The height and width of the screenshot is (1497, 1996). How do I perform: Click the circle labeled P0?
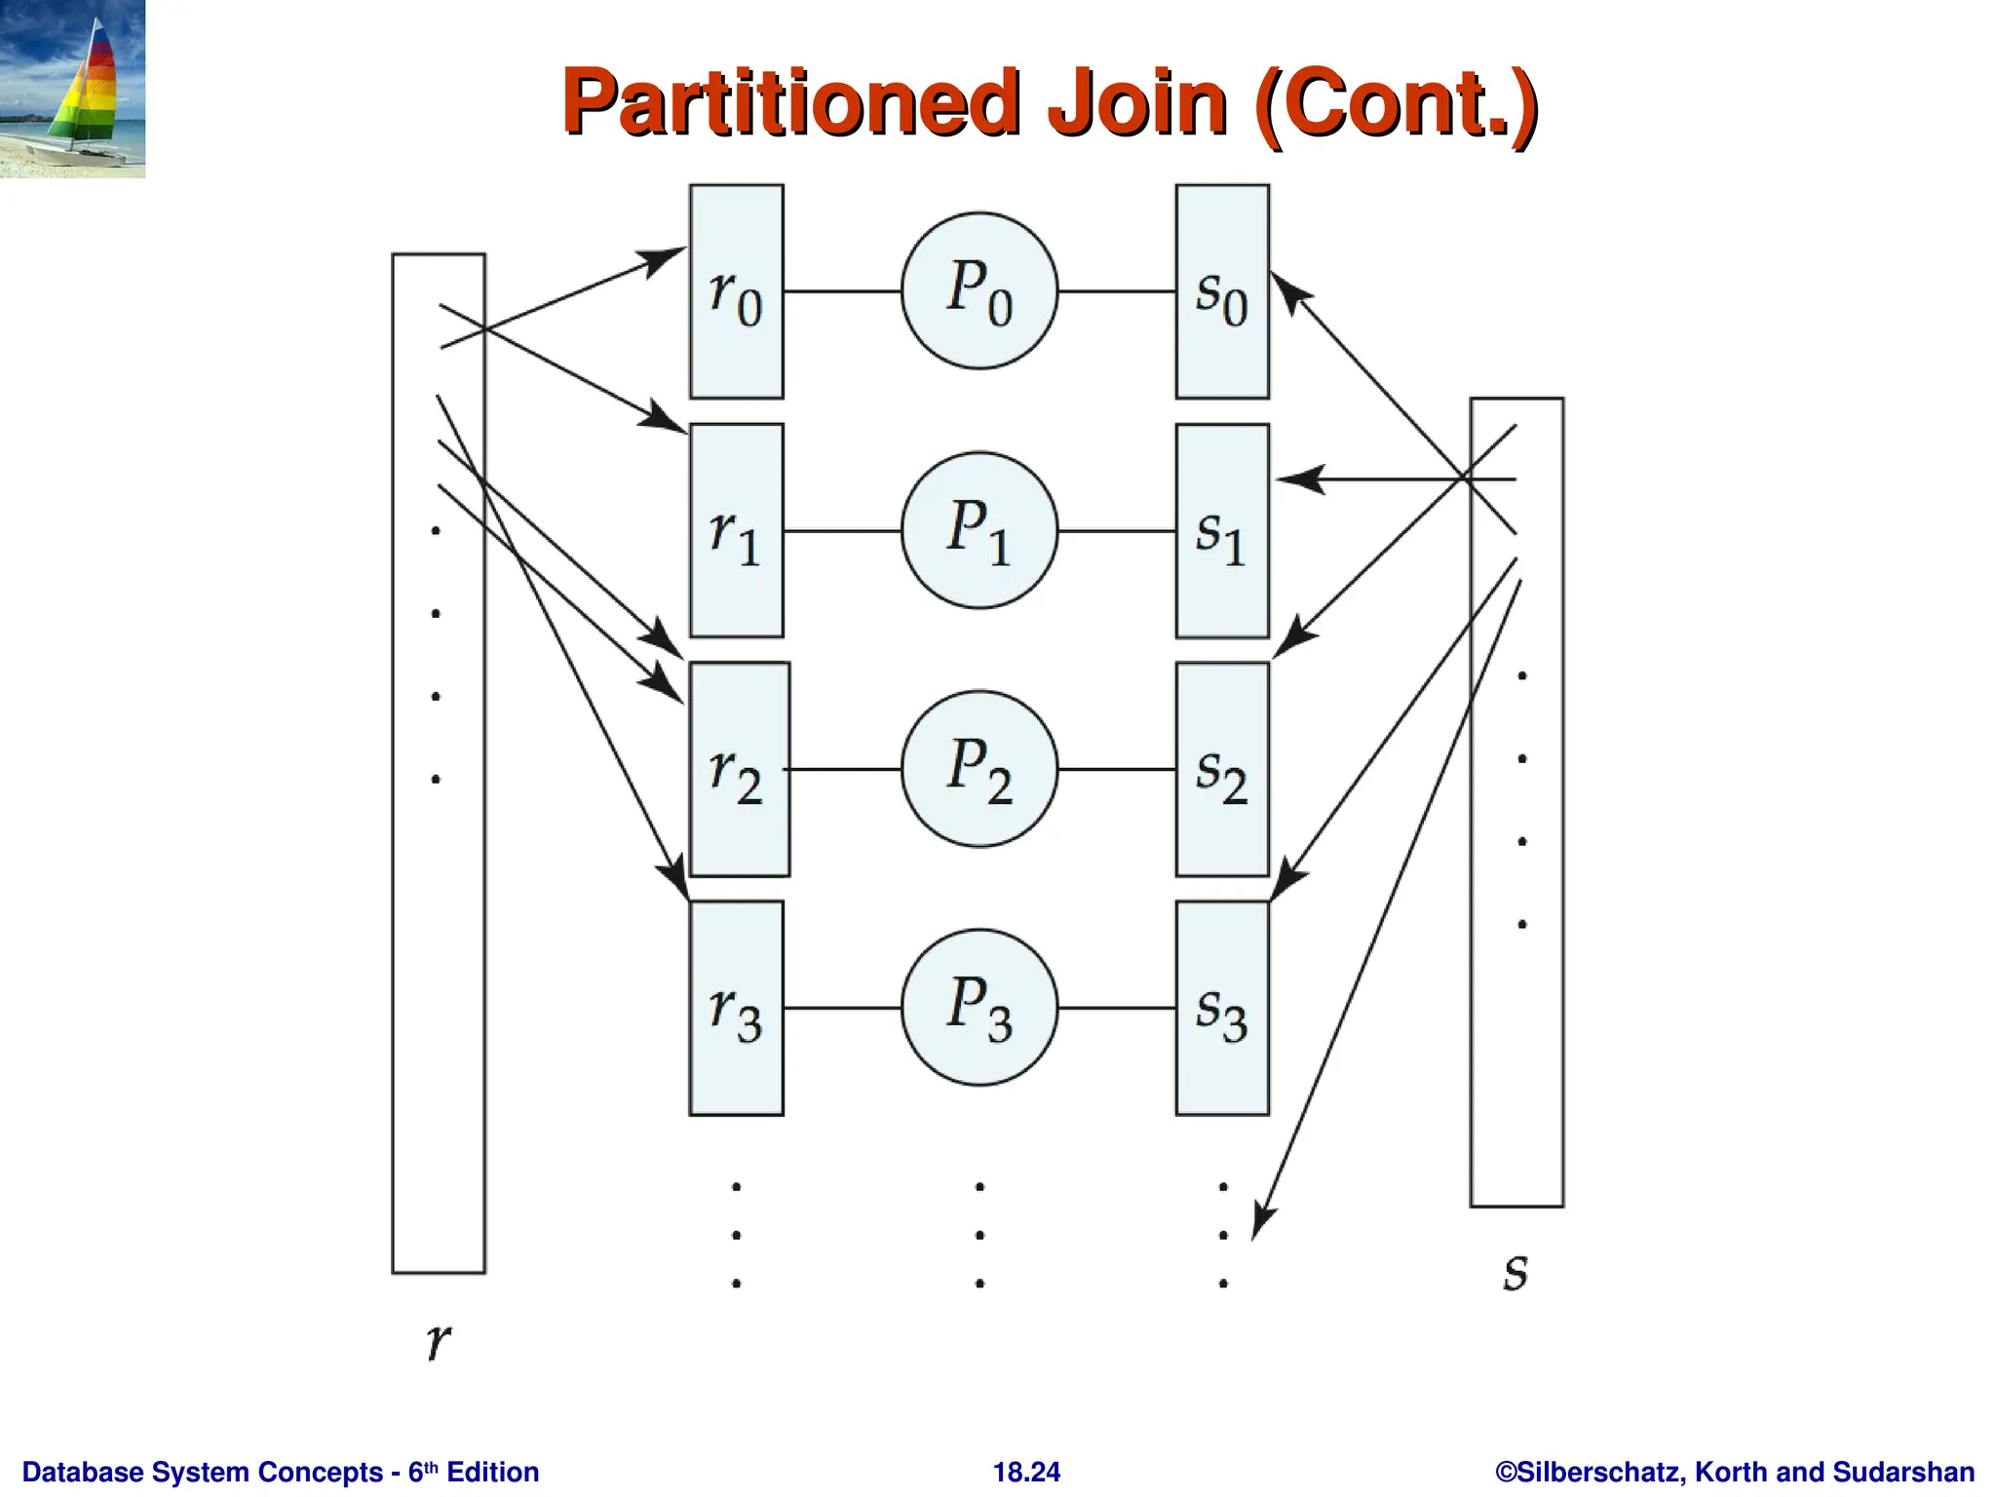pos(979,290)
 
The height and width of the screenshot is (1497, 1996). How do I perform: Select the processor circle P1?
pos(979,530)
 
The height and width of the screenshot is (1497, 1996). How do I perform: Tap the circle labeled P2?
pos(979,769)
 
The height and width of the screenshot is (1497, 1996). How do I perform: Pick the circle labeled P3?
pos(979,1007)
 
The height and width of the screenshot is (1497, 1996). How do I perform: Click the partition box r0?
pos(736,291)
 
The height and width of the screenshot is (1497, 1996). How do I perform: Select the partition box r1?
pos(736,530)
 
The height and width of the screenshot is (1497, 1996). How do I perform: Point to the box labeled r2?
pos(739,769)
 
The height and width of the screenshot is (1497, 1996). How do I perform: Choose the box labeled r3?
pos(736,1008)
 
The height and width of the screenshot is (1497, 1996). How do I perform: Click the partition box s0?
pos(1222,291)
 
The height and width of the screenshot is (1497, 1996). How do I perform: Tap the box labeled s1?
pos(1222,530)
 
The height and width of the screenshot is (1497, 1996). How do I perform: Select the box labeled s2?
pos(1222,769)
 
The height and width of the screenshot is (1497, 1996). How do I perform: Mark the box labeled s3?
pos(1222,1008)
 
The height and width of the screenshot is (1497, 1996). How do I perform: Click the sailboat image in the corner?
pos(72,89)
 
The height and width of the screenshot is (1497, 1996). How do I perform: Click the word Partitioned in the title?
pos(790,102)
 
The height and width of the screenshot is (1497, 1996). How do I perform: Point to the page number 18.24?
pos(1026,1472)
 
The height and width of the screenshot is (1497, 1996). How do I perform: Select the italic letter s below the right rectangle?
pos(1516,1272)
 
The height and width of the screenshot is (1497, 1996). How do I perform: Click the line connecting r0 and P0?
pos(843,290)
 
